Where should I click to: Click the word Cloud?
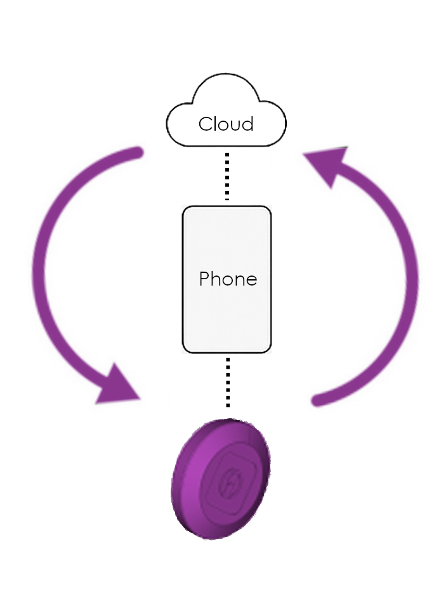226,124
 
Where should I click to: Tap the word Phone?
228,279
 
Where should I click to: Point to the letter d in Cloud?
247,123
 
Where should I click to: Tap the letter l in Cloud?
216,123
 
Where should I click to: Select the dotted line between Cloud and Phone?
227,176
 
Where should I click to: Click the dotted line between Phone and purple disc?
228,381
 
